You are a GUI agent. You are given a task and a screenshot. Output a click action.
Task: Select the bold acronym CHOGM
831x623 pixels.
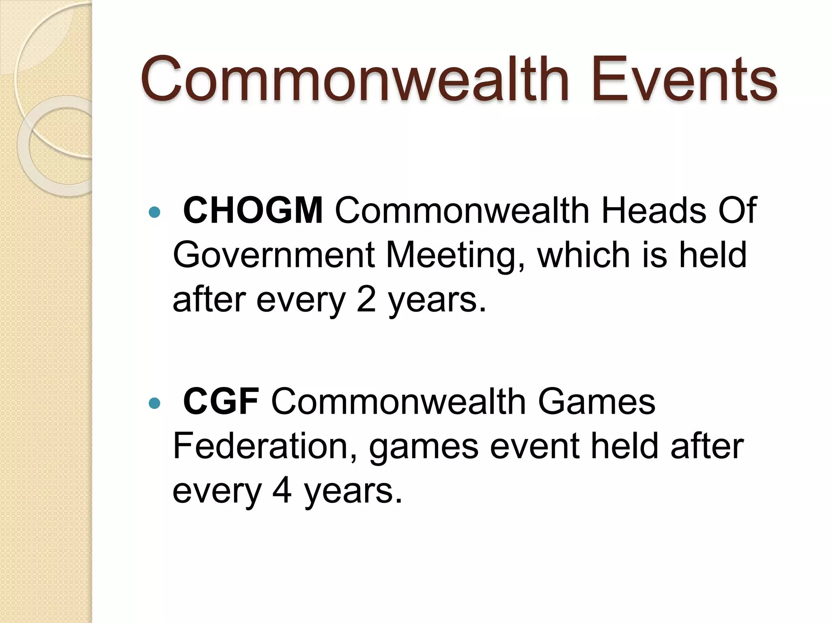[x=253, y=211]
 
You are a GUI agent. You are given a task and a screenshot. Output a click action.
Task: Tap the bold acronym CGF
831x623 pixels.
[x=221, y=402]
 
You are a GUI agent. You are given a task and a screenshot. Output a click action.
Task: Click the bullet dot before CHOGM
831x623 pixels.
[x=155, y=212]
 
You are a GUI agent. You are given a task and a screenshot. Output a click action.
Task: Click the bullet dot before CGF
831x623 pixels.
[x=155, y=403]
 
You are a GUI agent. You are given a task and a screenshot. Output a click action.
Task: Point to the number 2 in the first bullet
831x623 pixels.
[x=366, y=300]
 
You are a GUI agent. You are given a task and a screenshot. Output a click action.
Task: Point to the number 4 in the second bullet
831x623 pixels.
[x=282, y=491]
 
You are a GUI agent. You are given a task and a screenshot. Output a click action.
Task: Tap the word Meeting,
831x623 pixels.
[x=456, y=256]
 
